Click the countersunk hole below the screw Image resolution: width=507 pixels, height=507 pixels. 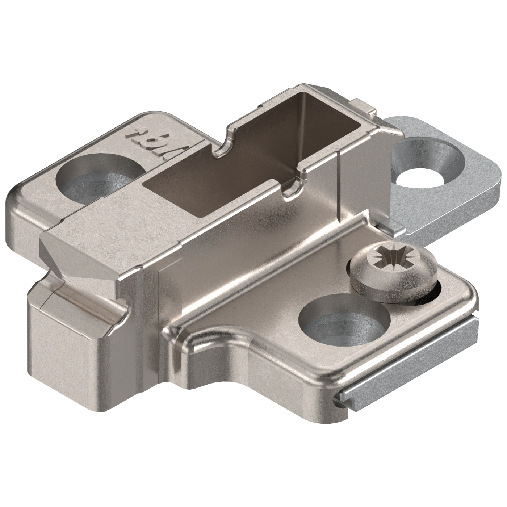344,319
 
